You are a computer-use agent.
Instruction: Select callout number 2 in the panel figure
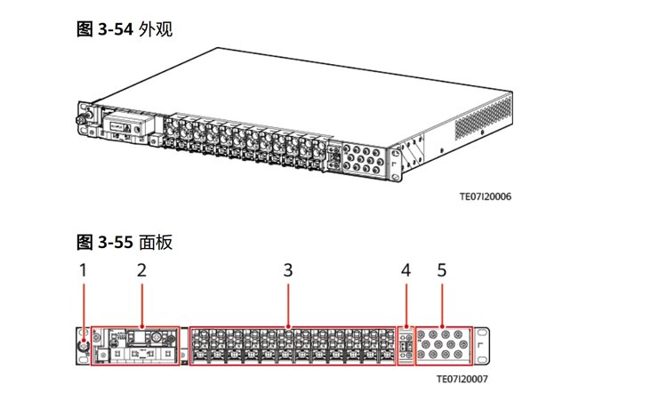(x=141, y=269)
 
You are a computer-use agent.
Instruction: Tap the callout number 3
(x=287, y=269)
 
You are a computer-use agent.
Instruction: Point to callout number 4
(x=406, y=269)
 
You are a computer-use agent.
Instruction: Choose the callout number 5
(x=441, y=269)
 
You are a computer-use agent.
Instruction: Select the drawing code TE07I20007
(x=462, y=378)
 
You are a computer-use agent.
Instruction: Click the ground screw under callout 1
(x=83, y=346)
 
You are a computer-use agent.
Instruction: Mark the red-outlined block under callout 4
(x=406, y=346)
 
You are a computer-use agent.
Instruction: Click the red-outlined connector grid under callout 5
(x=443, y=346)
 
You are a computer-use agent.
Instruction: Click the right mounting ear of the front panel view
(x=481, y=346)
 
